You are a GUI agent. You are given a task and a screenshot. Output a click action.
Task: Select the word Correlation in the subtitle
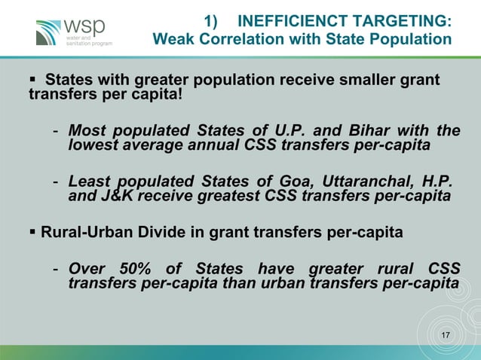point(237,38)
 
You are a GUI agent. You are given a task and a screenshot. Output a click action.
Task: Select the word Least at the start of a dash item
point(88,182)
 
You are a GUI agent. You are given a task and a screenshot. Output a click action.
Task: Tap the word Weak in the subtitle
point(173,38)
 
